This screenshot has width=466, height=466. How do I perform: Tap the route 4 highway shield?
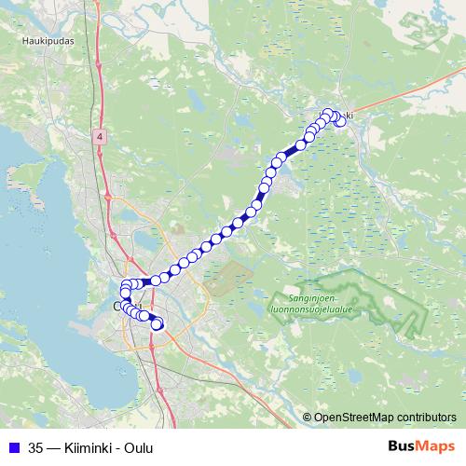(100, 136)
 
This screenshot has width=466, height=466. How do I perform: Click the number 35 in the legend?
(36, 447)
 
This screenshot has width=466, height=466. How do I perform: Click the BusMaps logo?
(422, 446)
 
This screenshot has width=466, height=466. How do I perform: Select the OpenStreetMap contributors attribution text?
(385, 417)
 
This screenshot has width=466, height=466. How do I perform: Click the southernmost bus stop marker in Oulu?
(157, 324)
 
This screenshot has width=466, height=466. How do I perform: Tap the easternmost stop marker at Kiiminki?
(341, 121)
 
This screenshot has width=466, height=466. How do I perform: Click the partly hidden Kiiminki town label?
(347, 115)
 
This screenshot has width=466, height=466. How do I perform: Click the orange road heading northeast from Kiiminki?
(410, 89)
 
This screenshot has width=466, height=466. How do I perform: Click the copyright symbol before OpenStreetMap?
(308, 417)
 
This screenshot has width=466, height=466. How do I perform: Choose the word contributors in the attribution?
(426, 417)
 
